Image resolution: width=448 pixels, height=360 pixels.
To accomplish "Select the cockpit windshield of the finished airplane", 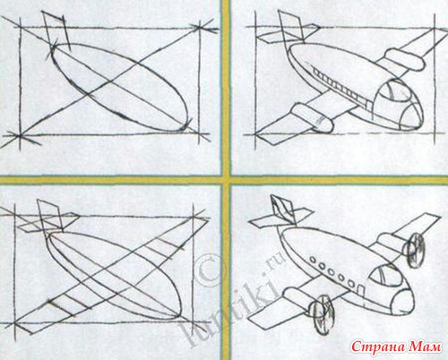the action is coord(385,276).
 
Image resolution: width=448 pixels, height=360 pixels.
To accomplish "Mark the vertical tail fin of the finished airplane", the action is coord(282,209).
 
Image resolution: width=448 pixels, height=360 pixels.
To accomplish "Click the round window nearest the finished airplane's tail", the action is coord(313,260).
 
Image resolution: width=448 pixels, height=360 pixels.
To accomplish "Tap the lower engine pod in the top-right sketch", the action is coord(311,117).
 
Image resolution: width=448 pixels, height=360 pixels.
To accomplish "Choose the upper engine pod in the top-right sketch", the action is coord(405,59).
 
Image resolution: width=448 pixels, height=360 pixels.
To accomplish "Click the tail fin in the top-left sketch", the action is coord(56,29).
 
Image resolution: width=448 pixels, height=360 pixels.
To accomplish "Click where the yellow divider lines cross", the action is coord(226,180).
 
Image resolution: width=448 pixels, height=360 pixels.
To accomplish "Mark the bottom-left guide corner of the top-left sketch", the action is coord(20,136).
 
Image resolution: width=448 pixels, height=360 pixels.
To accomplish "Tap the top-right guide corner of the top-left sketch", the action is coord(199,28).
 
